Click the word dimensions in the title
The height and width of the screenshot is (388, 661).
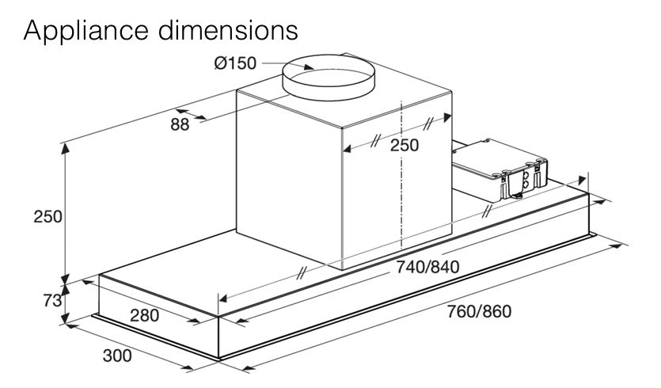pyautogui.click(x=228, y=30)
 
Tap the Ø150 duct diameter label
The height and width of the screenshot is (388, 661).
pyautogui.click(x=235, y=63)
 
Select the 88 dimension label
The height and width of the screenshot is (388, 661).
pyautogui.click(x=180, y=124)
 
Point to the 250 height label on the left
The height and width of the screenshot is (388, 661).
pyautogui.click(x=47, y=217)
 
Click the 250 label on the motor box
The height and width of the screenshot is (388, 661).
pyautogui.click(x=405, y=145)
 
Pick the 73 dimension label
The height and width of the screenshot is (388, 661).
pyautogui.click(x=52, y=301)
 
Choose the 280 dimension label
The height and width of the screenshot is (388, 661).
pyautogui.click(x=144, y=315)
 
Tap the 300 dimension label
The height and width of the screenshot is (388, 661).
pyautogui.click(x=117, y=356)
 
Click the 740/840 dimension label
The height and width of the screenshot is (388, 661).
pyautogui.click(x=427, y=267)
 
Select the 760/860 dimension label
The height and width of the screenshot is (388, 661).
pyautogui.click(x=479, y=311)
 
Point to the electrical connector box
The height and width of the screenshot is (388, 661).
pyautogui.click(x=500, y=170)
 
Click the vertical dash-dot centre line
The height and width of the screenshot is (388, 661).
pyautogui.click(x=401, y=174)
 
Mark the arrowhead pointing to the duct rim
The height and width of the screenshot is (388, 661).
pyautogui.click(x=309, y=67)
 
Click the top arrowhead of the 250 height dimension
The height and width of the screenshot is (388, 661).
pyautogui.click(x=65, y=148)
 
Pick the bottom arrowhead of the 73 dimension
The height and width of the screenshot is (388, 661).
pyautogui.click(x=65, y=318)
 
